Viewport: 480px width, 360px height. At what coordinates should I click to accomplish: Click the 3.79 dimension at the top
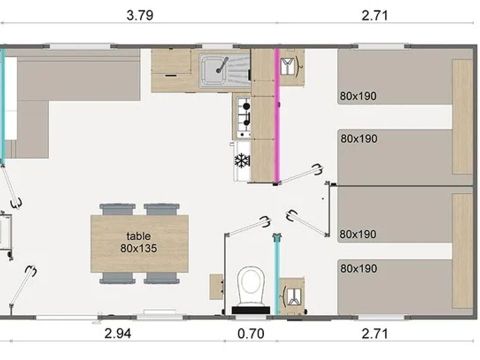(140, 15)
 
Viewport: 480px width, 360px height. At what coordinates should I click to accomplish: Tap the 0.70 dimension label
(251, 334)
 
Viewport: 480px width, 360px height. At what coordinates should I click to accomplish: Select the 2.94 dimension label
(118, 334)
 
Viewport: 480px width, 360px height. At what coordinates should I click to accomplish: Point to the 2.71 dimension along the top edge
(375, 15)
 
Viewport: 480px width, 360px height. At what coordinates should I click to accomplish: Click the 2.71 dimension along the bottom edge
(375, 334)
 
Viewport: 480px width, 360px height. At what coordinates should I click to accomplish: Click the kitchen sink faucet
(222, 65)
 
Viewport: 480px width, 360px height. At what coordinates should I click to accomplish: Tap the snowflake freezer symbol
(242, 161)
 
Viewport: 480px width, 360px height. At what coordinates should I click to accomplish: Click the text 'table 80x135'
(139, 242)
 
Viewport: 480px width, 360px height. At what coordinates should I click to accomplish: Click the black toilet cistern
(251, 310)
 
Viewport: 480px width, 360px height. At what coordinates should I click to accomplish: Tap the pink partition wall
(277, 116)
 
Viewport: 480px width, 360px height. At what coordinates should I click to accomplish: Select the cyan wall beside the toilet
(277, 275)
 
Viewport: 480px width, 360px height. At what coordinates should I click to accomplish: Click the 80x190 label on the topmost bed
(358, 96)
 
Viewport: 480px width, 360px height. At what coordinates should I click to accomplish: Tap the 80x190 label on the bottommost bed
(358, 268)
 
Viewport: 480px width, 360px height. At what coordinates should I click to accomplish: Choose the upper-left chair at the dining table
(117, 209)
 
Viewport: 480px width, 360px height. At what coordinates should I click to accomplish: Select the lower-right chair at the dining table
(162, 278)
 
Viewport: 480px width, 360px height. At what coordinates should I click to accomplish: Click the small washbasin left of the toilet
(216, 287)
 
